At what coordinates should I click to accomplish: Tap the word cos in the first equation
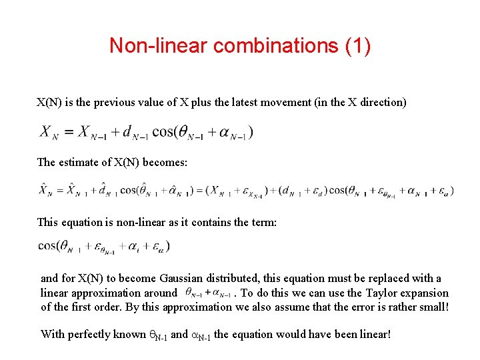163,131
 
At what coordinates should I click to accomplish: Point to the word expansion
423,293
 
